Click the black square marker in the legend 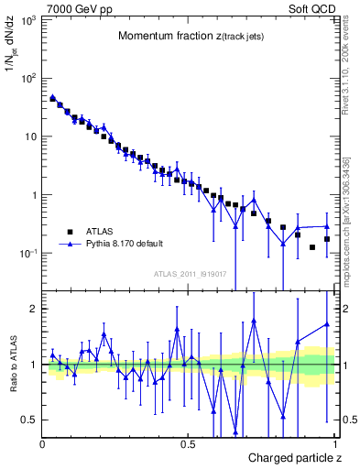70,232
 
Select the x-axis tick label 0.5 189,444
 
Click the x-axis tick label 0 43,444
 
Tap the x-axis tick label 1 336,444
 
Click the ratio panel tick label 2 33,309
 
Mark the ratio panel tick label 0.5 29,420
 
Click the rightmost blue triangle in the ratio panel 327,324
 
